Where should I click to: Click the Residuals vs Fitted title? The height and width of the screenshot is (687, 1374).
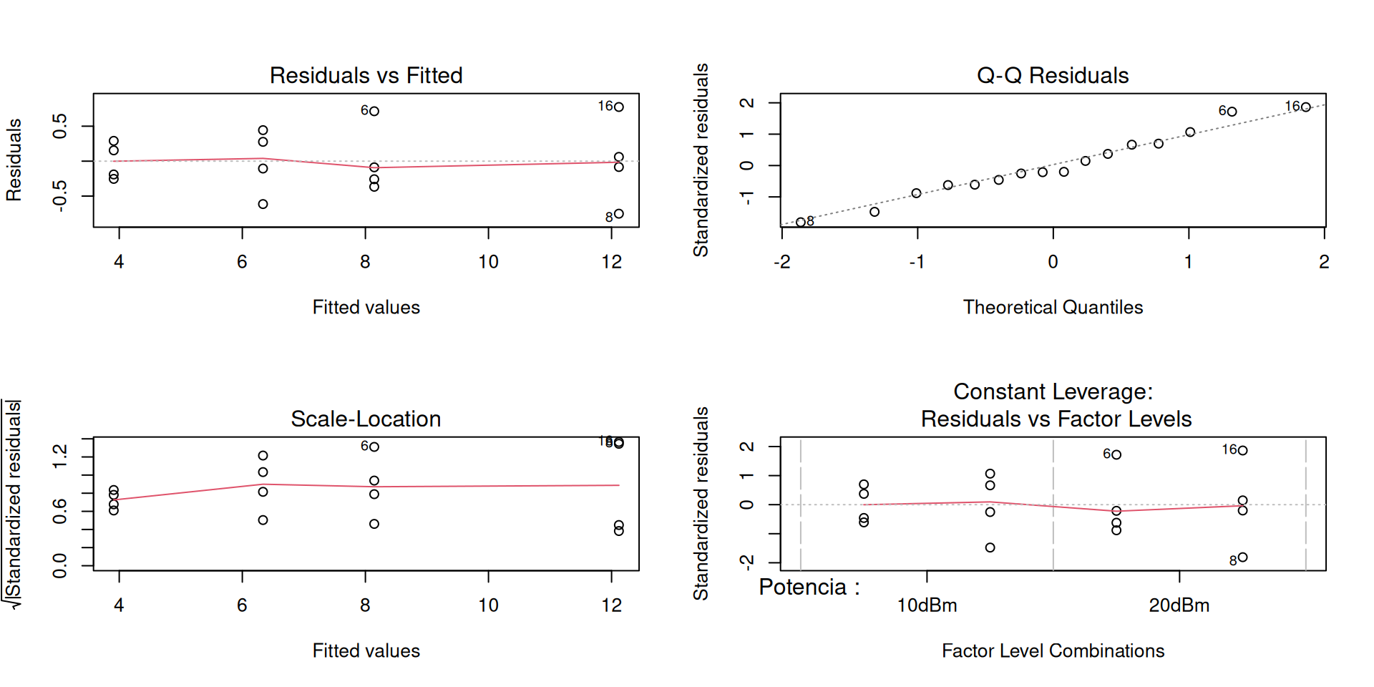366,75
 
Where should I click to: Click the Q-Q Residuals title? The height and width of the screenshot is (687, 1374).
1053,75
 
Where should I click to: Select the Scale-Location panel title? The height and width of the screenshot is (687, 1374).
366,419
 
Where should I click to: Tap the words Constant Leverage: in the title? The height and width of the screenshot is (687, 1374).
1053,391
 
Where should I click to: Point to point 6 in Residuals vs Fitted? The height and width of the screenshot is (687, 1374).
374,111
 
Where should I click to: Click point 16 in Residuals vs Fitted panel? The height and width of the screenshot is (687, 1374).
619,107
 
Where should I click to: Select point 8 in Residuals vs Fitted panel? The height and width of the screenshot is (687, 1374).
619,213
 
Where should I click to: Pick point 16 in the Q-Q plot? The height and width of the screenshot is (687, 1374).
1306,107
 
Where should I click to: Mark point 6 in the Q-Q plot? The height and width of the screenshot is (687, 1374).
1232,112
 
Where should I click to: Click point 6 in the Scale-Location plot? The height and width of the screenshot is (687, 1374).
374,447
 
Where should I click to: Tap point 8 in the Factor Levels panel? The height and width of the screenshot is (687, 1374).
1243,557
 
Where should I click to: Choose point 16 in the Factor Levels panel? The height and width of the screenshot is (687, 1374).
1243,450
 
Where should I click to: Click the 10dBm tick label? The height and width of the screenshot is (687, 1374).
927,605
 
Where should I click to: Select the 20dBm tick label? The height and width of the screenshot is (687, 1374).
1179,605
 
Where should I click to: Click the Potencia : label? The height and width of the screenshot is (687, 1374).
809,588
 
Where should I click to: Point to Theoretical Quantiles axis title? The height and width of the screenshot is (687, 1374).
1053,307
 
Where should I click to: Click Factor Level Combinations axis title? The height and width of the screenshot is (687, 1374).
1053,651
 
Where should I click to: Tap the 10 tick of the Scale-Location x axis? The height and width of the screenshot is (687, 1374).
488,605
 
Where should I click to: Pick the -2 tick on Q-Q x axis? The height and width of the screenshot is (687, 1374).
782,262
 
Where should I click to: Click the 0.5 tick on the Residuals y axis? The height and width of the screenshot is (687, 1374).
60,126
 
